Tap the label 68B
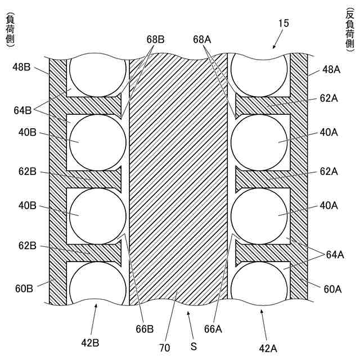coord(156,39)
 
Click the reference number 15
coord(283,23)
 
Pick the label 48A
coord(332,70)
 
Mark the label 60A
coord(332,289)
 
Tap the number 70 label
coord(164,348)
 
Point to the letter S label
coord(193,347)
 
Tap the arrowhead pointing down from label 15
coord(273,47)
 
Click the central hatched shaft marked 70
coord(179,169)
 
